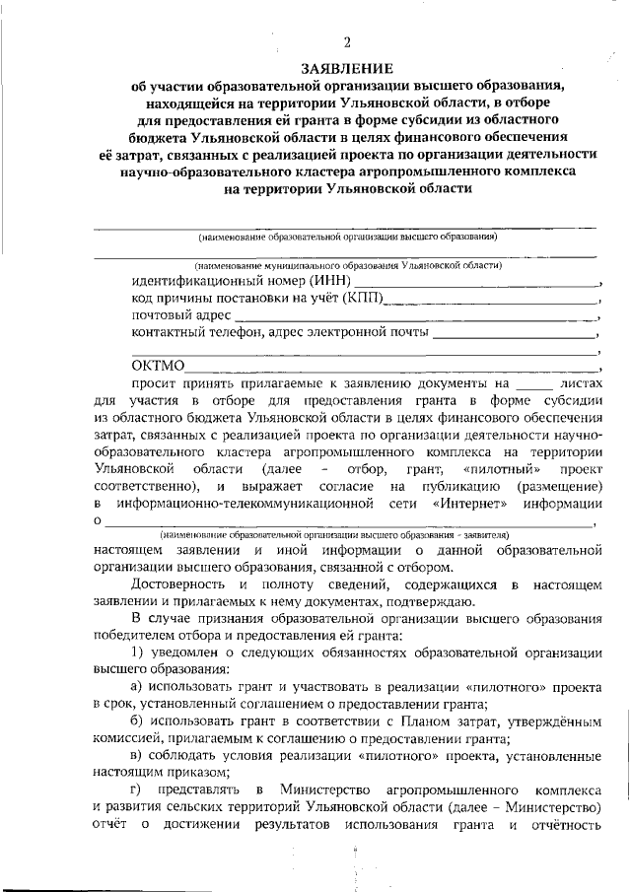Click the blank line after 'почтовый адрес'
[414, 316]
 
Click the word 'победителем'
[132, 636]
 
